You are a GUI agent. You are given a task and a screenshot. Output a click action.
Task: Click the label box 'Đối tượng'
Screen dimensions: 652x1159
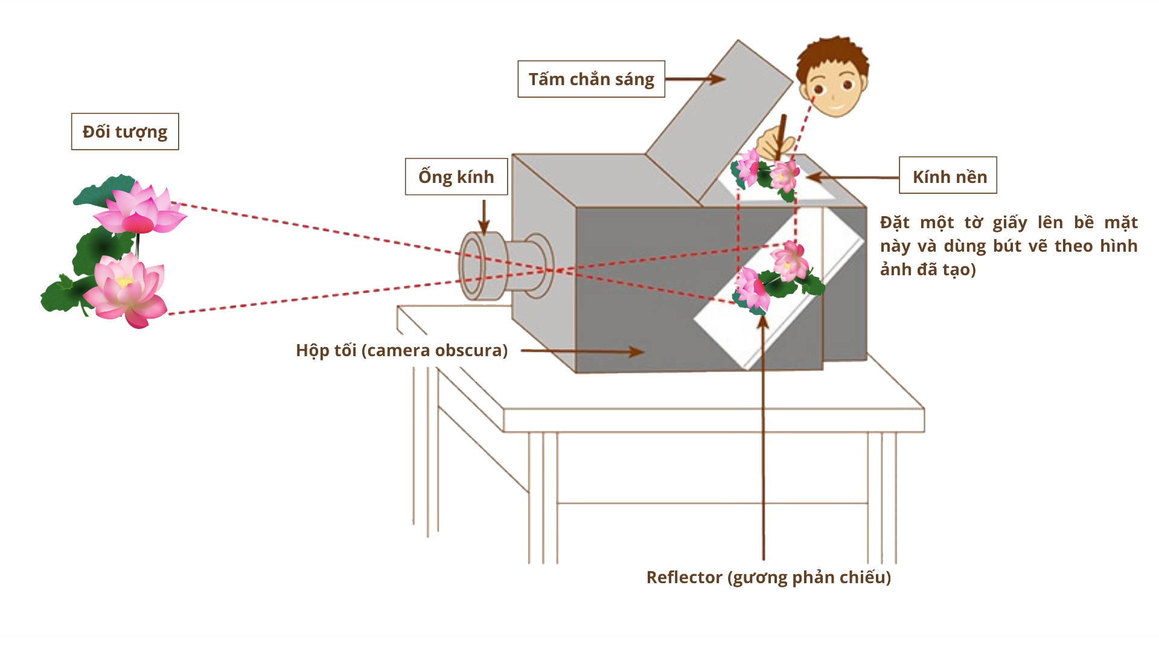(125, 132)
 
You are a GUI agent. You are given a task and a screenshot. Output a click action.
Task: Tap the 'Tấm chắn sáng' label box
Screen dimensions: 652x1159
(591, 79)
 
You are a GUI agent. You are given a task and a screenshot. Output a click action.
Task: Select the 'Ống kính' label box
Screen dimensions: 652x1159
(456, 177)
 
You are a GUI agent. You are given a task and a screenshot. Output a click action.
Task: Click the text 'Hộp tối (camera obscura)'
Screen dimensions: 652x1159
(401, 350)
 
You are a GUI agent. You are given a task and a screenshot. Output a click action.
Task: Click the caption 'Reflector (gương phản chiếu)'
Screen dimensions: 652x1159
(768, 577)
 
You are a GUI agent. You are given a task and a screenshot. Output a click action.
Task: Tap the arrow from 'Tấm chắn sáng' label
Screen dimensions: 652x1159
(694, 79)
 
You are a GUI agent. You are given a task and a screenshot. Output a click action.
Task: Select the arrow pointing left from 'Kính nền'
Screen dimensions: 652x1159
(851, 177)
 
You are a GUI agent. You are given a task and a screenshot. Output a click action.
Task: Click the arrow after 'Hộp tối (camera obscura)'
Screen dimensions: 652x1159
(583, 351)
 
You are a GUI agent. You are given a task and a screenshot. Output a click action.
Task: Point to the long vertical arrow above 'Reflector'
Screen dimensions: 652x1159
(764, 435)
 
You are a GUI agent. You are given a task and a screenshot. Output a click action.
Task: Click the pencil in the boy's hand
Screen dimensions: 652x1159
(782, 133)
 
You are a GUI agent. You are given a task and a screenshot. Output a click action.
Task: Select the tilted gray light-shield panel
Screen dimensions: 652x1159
(718, 121)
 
